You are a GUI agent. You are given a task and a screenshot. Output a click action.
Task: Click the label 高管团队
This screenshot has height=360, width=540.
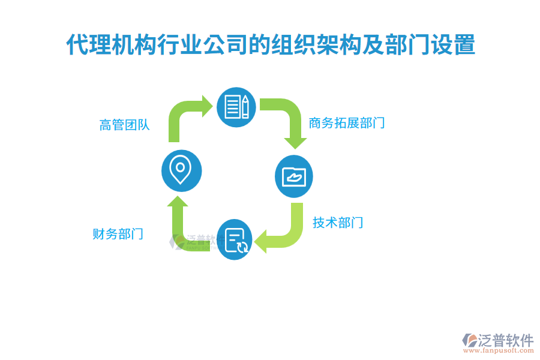coord(124,125)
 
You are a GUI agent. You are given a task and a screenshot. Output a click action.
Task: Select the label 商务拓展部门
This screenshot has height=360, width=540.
coord(346,124)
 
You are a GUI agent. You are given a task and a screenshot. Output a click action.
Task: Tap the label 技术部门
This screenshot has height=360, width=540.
coord(337,223)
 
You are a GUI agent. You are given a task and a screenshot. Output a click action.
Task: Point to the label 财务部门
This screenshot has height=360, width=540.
coord(118,234)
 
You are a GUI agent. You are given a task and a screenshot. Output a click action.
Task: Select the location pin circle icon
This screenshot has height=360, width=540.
coord(181,171)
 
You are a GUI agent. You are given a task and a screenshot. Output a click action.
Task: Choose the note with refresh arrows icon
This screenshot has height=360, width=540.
coord(236,239)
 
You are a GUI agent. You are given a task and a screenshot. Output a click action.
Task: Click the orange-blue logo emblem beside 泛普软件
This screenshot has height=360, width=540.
coord(469,343)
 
